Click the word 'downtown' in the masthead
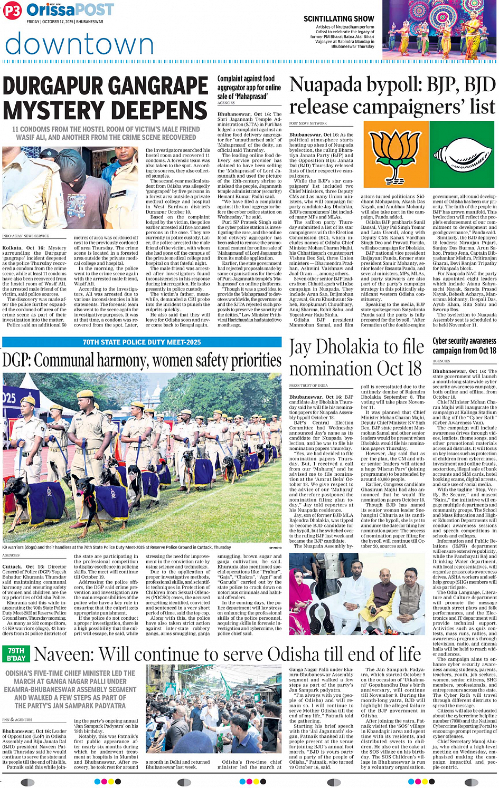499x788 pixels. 79,44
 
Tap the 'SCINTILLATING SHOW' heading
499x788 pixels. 338,18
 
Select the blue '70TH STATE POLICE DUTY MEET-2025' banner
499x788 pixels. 142,342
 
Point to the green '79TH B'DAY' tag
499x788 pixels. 16,655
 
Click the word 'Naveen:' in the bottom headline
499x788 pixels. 63,655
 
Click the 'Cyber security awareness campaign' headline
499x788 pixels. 464,345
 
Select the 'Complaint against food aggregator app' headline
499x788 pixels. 249,88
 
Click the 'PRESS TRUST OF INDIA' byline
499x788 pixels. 309,386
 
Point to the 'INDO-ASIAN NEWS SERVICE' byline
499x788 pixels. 25,236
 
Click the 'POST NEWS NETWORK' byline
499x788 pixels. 308,123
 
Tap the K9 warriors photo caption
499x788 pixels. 116,547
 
